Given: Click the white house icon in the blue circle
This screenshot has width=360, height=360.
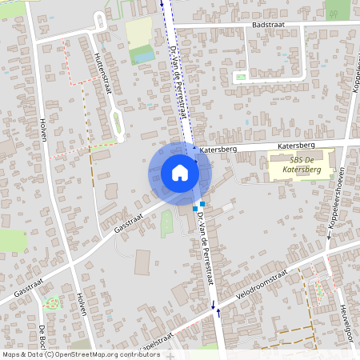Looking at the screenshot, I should (x=180, y=172).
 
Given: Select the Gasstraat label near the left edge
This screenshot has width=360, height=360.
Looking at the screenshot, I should (x=28, y=286).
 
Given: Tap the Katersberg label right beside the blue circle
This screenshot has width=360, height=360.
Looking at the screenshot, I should (x=215, y=150).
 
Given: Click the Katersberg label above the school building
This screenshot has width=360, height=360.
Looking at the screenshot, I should (x=297, y=146).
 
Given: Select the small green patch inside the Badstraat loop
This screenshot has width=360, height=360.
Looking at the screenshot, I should (x=240, y=78).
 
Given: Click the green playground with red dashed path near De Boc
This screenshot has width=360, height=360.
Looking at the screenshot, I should (x=53, y=303).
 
